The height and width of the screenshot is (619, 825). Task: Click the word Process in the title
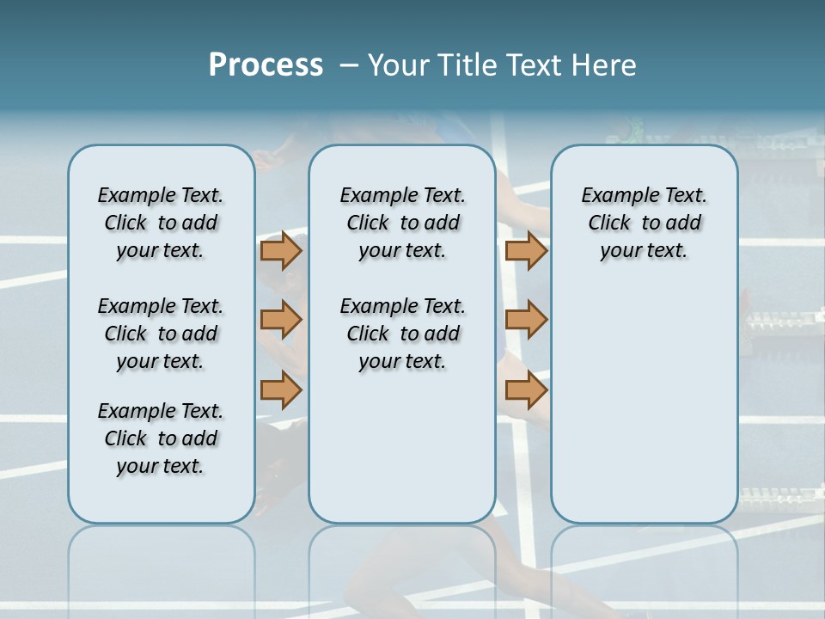tap(266, 64)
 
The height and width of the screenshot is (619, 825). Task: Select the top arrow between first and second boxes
tap(281, 251)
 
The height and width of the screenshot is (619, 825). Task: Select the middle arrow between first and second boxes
tap(281, 321)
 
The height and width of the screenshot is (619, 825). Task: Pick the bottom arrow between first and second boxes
tap(281, 390)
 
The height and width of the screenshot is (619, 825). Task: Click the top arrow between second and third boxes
tap(526, 251)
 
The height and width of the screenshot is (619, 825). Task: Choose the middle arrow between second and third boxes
tap(526, 321)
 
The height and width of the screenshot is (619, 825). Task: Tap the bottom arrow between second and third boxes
tap(526, 390)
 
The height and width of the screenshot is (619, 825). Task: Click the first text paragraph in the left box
tap(161, 223)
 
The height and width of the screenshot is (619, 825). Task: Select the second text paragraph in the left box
tap(161, 334)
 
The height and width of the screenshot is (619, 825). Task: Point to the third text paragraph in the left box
tap(161, 438)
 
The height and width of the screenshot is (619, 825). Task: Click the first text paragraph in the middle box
tap(402, 223)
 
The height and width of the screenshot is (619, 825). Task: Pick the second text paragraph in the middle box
tap(402, 334)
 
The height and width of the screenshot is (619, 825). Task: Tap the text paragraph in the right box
tap(644, 223)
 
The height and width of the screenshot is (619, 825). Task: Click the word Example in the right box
tap(614, 196)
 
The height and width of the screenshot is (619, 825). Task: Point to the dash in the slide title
tap(349, 65)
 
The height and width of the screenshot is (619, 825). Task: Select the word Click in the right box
tap(609, 224)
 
